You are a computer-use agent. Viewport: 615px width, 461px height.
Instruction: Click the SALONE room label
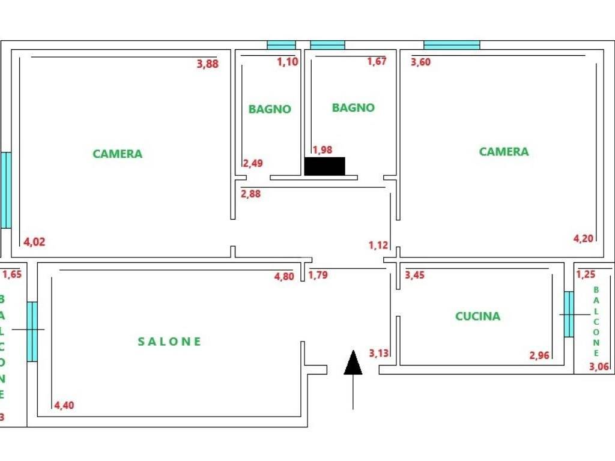[x=169, y=342]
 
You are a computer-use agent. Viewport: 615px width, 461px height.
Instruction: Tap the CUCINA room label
[x=477, y=316]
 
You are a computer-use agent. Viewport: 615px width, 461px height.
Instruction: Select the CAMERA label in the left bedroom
[x=117, y=154]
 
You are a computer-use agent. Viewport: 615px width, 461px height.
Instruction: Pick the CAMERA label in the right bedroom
[x=504, y=151]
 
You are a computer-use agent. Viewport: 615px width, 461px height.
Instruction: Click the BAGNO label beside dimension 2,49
[x=270, y=109]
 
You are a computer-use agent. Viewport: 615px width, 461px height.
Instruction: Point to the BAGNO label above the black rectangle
[x=353, y=108]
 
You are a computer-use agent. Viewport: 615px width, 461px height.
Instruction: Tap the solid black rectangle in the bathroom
[x=325, y=166]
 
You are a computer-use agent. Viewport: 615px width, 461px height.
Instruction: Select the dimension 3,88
[x=207, y=64]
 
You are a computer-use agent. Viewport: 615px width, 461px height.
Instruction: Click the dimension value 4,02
[x=34, y=242]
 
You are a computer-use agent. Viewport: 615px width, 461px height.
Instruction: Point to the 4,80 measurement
[x=284, y=276]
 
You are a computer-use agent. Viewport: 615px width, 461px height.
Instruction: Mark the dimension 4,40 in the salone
[x=64, y=405]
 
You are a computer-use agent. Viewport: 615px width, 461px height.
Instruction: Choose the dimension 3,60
[x=420, y=62]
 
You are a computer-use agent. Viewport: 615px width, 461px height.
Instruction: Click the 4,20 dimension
[x=583, y=238]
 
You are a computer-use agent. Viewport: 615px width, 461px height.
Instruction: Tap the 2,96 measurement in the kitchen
[x=539, y=355]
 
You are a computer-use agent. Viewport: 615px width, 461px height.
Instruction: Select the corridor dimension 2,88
[x=250, y=194]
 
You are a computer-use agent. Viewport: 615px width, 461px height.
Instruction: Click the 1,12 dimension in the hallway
[x=378, y=246]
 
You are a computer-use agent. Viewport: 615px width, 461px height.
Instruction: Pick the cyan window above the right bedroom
[x=452, y=45]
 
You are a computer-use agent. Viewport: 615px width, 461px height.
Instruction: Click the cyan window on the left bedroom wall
[x=6, y=190]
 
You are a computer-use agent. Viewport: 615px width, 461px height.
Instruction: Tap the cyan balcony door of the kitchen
[x=569, y=314]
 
